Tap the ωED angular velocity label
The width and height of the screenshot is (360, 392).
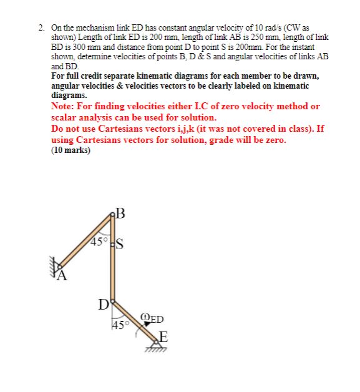click(153, 319)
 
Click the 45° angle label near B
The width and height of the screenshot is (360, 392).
click(99, 240)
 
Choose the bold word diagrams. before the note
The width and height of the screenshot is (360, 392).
click(69, 97)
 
